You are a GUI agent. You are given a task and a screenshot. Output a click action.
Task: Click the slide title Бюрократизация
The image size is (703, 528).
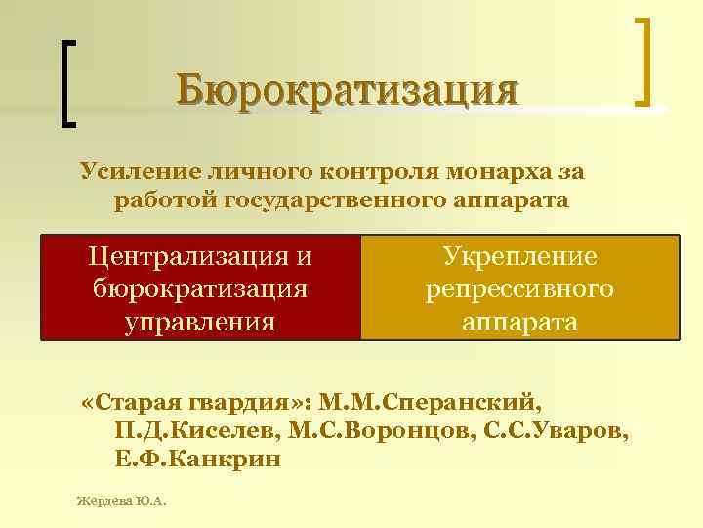pos(348,92)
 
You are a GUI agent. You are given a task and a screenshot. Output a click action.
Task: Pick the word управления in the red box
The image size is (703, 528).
pos(200,322)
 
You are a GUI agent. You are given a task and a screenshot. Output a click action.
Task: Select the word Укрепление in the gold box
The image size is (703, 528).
pos(519,257)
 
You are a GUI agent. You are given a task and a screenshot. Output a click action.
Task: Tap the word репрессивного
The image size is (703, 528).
pos(519,289)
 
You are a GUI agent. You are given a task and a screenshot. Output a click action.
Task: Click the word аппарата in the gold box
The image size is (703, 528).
pos(519,322)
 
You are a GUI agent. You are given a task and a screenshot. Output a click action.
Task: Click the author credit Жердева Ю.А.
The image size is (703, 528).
pos(122,501)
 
